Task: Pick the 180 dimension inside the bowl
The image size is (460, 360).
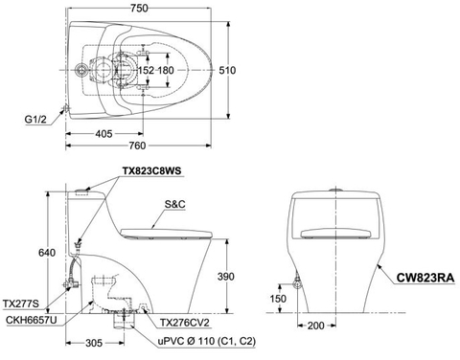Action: click(167, 70)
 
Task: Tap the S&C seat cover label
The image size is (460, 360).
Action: click(176, 204)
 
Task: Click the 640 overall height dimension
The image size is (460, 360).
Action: click(34, 253)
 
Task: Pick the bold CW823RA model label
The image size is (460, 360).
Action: click(424, 279)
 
